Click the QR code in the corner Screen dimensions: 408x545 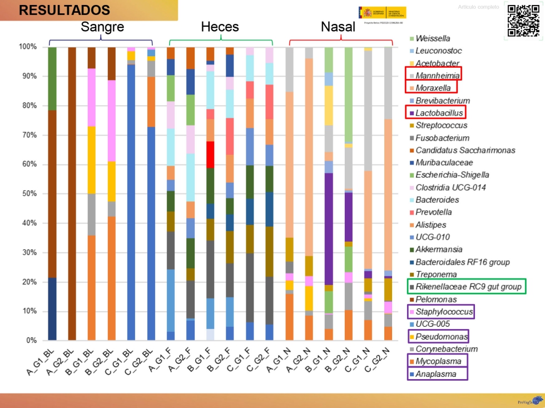523,21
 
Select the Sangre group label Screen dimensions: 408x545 102,27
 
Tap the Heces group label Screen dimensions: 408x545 220,27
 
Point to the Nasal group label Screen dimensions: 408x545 338,27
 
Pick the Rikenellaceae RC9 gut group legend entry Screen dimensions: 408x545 469,287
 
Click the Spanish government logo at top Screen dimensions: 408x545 383,13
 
